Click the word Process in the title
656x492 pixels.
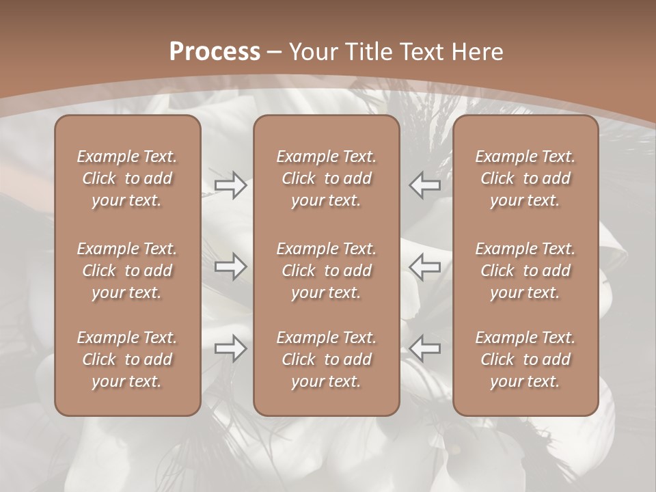[x=215, y=52]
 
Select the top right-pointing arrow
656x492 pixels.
[x=230, y=185]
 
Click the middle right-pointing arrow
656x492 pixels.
[x=230, y=266]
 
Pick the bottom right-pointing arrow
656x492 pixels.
[x=230, y=348]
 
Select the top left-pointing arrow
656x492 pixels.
[x=425, y=185]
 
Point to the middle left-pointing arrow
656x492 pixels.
[x=425, y=266]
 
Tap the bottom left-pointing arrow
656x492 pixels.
[x=425, y=348]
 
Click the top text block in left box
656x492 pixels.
[x=127, y=178]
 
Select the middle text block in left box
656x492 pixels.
[x=127, y=271]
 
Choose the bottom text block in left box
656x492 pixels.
[x=127, y=359]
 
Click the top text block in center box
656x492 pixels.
[x=326, y=178]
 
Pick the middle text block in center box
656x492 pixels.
[x=326, y=271]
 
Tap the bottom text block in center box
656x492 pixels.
[x=326, y=359]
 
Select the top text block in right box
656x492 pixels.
[x=525, y=178]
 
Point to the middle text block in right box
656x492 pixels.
[x=525, y=271]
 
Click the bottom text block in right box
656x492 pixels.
[x=525, y=359]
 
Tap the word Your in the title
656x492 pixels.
[x=311, y=52]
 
